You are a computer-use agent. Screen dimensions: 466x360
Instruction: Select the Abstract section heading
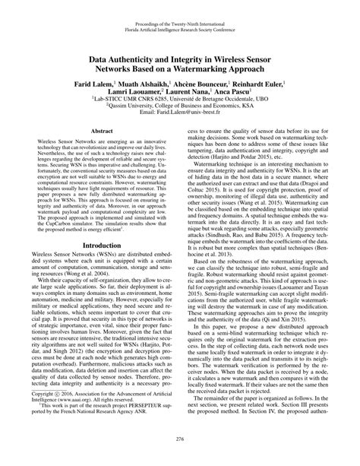click(102, 131)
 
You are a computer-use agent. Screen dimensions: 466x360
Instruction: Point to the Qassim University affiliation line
click(180, 105)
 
